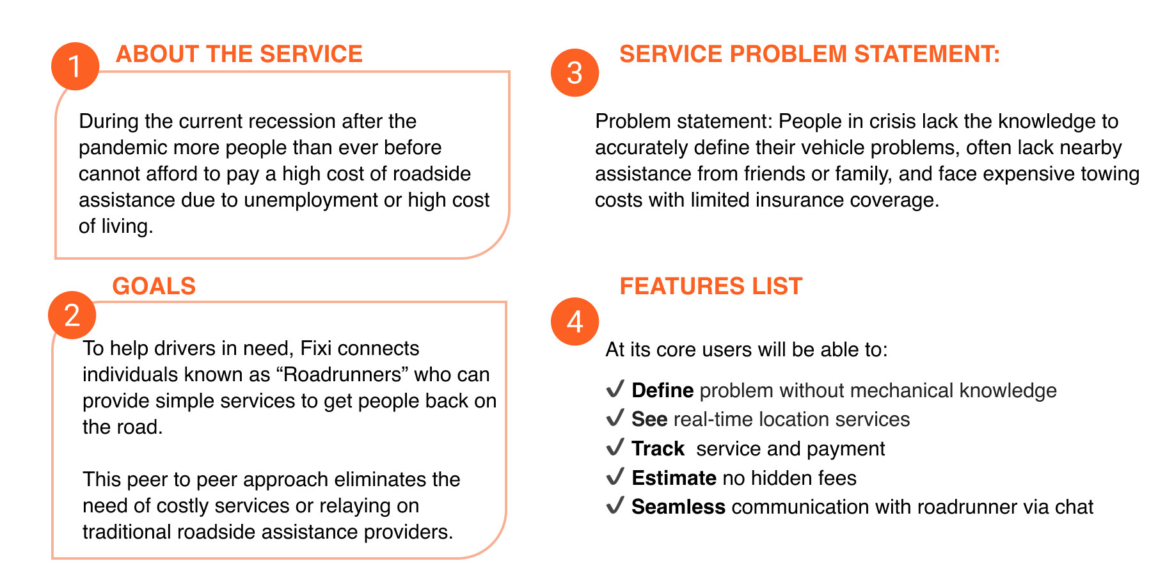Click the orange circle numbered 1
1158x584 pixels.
pyautogui.click(x=75, y=67)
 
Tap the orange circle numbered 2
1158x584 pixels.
pyautogui.click(x=72, y=315)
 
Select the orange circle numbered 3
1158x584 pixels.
pyautogui.click(x=575, y=73)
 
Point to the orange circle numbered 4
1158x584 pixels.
pyautogui.click(x=575, y=321)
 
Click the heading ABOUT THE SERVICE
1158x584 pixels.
pyautogui.click(x=239, y=54)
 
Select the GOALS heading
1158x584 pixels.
pyautogui.click(x=154, y=286)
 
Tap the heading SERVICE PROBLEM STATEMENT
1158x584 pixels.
pyautogui.click(x=809, y=54)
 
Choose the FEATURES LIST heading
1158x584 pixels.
pyautogui.click(x=710, y=286)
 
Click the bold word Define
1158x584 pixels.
pyautogui.click(x=662, y=390)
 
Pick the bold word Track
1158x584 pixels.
pyautogui.click(x=658, y=448)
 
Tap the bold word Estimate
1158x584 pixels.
pyautogui.click(x=673, y=478)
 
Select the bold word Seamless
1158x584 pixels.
pyautogui.click(x=678, y=507)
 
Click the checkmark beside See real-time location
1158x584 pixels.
pyautogui.click(x=615, y=418)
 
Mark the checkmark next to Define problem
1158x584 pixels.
pyautogui.click(x=615, y=389)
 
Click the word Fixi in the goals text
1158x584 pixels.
pyautogui.click(x=316, y=348)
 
